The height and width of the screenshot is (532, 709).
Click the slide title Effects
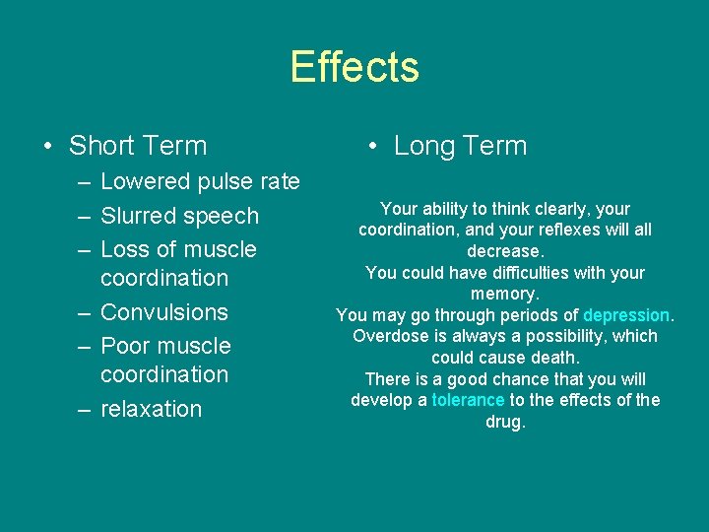(354, 67)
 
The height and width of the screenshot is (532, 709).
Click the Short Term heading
(138, 146)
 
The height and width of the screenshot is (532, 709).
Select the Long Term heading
(460, 146)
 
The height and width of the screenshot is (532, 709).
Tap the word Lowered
(146, 181)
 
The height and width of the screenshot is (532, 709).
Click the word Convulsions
(164, 312)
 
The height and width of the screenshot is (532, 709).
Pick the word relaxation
(151, 409)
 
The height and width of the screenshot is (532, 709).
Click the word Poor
(125, 346)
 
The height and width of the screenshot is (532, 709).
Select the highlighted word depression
(626, 315)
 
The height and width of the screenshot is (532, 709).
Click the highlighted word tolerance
(468, 400)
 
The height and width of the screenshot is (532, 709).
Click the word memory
(505, 294)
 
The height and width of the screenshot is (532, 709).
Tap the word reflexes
(564, 230)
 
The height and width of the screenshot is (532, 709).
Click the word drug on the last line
(505, 422)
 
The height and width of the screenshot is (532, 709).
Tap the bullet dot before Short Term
(47, 147)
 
